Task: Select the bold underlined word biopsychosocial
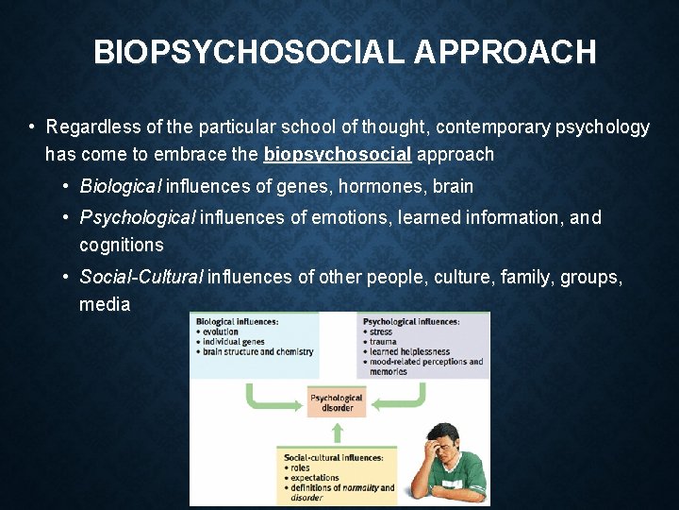click(x=338, y=154)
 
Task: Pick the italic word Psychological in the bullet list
click(x=137, y=218)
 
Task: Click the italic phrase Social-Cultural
click(x=141, y=278)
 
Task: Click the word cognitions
click(x=122, y=246)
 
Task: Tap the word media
click(x=105, y=305)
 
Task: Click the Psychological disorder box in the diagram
click(x=337, y=403)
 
